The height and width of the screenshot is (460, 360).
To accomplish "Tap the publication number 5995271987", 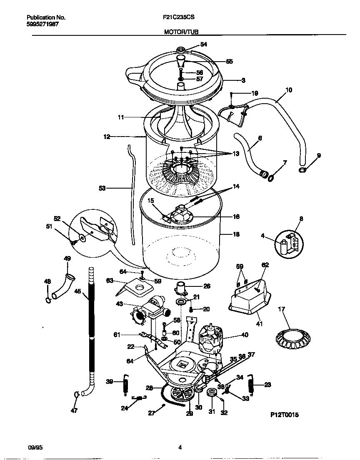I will (42, 24).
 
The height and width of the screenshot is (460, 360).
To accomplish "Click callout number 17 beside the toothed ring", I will (282, 309).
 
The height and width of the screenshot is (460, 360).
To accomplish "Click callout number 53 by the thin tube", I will (102, 188).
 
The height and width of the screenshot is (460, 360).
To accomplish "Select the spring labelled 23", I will (251, 384).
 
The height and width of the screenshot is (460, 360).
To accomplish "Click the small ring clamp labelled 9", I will (302, 170).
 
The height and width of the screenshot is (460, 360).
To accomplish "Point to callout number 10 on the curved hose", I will (289, 90).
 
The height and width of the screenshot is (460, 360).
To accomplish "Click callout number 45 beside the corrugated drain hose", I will (78, 292).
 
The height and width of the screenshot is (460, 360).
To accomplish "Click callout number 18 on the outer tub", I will (236, 234).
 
